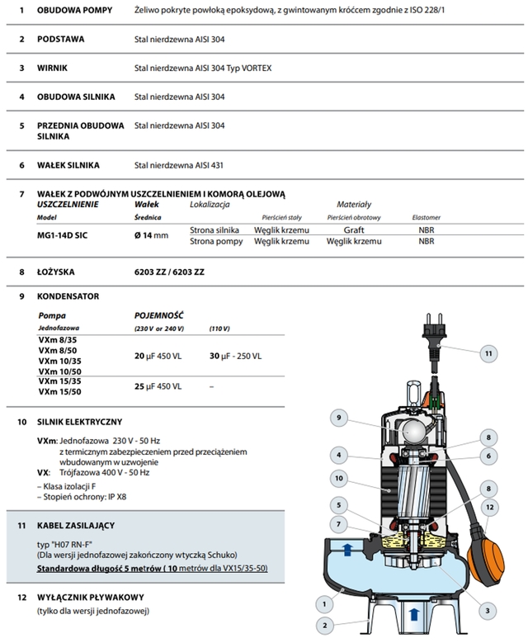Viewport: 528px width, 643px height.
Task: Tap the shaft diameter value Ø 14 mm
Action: [151, 235]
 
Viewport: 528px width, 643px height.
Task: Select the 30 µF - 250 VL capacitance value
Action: [236, 356]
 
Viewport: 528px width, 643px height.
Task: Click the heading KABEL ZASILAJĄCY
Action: [79, 524]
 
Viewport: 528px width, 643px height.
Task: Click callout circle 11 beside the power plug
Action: [489, 352]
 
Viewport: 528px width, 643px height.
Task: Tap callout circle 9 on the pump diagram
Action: [337, 418]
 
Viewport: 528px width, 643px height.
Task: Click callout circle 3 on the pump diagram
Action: [489, 610]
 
